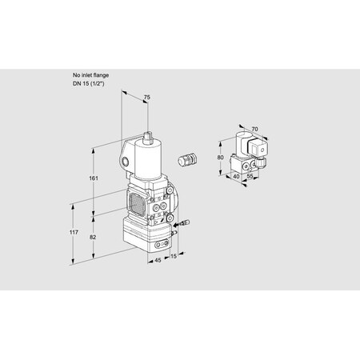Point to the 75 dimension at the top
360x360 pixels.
[x=146, y=98]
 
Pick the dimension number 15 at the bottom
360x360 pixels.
[x=174, y=256]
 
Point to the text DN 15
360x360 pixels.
[x=81, y=83]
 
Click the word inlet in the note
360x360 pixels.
[x=86, y=74]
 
